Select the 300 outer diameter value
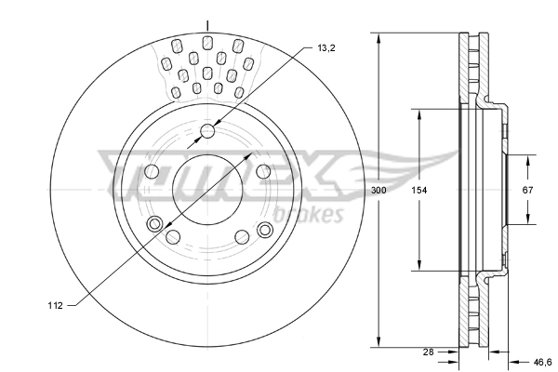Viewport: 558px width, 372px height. [378, 190]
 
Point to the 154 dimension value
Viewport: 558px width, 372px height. [419, 190]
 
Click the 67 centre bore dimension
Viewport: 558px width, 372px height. [527, 190]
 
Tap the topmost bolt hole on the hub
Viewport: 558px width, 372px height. [207, 131]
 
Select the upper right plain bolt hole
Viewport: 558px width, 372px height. [263, 171]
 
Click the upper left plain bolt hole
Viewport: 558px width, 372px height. [153, 171]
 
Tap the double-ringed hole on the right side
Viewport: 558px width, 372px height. [264, 229]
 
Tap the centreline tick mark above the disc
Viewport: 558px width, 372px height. [207, 24]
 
